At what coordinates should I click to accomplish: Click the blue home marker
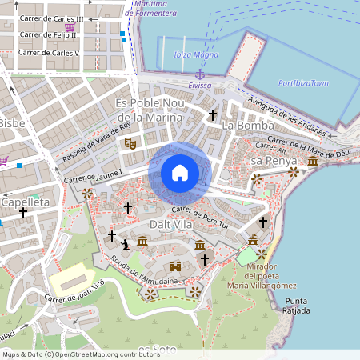pyautogui.click(x=180, y=173)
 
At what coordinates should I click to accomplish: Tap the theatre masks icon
pyautogui.click(x=129, y=143)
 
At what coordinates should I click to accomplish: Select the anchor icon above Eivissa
pyautogui.click(x=200, y=74)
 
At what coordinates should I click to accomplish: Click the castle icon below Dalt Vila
pyautogui.click(x=174, y=266)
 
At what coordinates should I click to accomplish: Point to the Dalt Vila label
pyautogui.click(x=171, y=225)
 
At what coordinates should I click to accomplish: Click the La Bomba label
pyautogui.click(x=248, y=126)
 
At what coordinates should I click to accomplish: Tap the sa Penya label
pyautogui.click(x=268, y=161)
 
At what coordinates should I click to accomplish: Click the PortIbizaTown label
pyautogui.click(x=303, y=83)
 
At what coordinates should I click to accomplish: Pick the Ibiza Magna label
pyautogui.click(x=195, y=54)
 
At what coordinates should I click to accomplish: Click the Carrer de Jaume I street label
pyautogui.click(x=93, y=176)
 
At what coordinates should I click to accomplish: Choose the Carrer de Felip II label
pyautogui.click(x=49, y=35)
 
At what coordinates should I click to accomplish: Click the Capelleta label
pyautogui.click(x=25, y=202)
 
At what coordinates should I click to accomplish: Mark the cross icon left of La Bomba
pyautogui.click(x=212, y=116)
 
